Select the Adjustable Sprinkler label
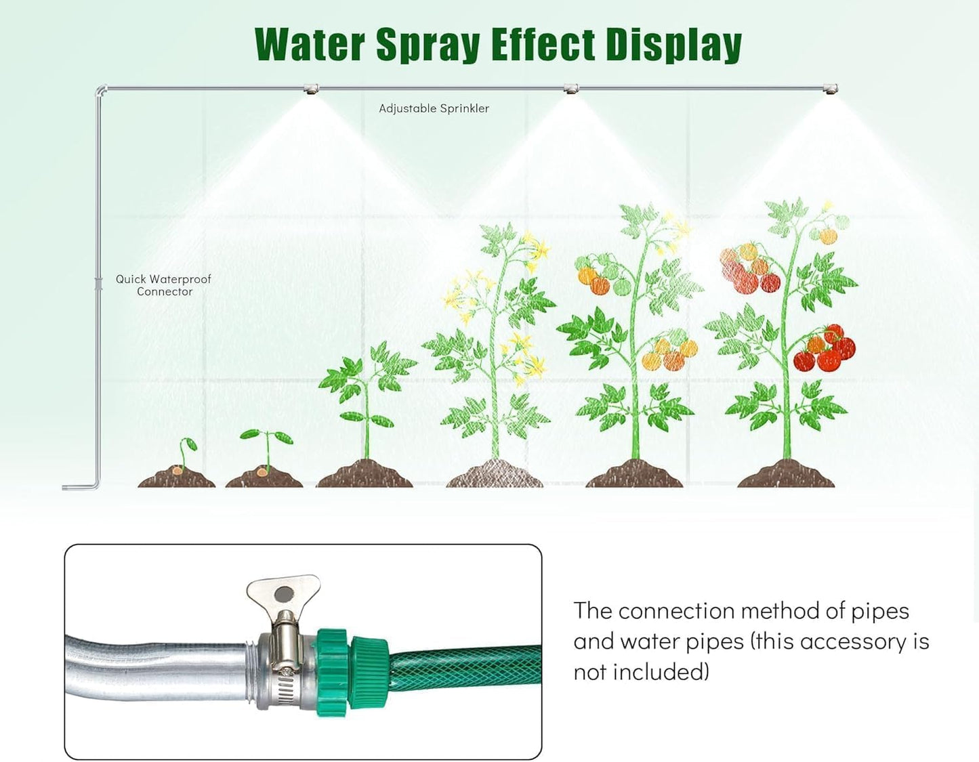(x=434, y=108)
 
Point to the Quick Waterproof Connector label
(x=163, y=285)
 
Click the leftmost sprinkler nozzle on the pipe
(x=312, y=89)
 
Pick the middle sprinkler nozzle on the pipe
(x=572, y=89)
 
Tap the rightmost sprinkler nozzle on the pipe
(x=831, y=89)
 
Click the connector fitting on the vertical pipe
(x=99, y=283)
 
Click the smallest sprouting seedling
(x=184, y=454)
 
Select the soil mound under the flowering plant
(x=495, y=473)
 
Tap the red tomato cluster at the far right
(x=825, y=349)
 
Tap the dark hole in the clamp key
(x=284, y=594)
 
